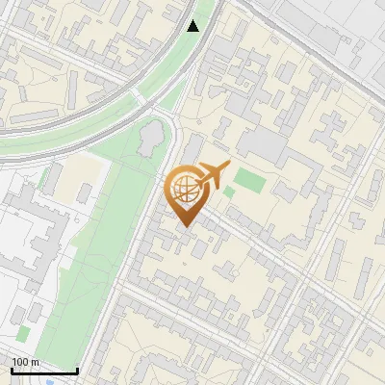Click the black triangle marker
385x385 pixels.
[193, 26]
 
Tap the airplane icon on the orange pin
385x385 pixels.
[214, 175]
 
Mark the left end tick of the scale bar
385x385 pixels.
[11, 370]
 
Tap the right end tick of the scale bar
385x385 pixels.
[77, 370]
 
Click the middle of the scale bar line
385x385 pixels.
[43, 372]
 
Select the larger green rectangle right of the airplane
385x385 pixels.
[249, 180]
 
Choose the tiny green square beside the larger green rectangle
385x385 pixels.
[229, 192]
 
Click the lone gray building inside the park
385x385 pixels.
[152, 139]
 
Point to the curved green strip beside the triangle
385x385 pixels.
[178, 67]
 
